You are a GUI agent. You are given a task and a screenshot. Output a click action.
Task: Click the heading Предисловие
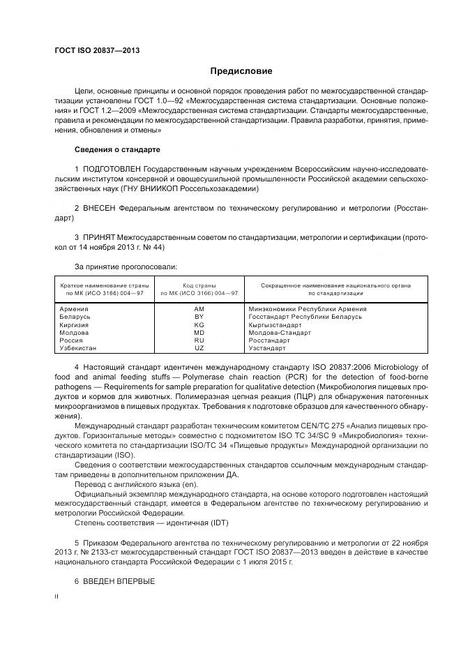click(x=241, y=71)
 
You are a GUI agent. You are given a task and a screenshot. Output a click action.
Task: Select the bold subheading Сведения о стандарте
click(x=117, y=150)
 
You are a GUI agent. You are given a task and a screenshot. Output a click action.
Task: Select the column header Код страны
click(x=199, y=285)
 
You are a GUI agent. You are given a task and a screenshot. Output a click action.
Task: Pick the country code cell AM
click(x=199, y=308)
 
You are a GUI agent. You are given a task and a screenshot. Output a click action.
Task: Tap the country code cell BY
click(x=199, y=317)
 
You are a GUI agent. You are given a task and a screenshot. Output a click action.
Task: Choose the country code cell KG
click(x=199, y=325)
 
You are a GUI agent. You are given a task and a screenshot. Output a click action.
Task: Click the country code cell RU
click(x=199, y=340)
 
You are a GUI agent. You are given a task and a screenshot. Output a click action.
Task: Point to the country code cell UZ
click(x=199, y=348)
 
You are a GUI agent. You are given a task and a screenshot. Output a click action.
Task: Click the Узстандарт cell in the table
click(x=267, y=348)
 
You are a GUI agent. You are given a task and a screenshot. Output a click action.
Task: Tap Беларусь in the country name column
click(x=75, y=317)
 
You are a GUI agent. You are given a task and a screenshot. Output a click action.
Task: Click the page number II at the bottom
click(x=57, y=597)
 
